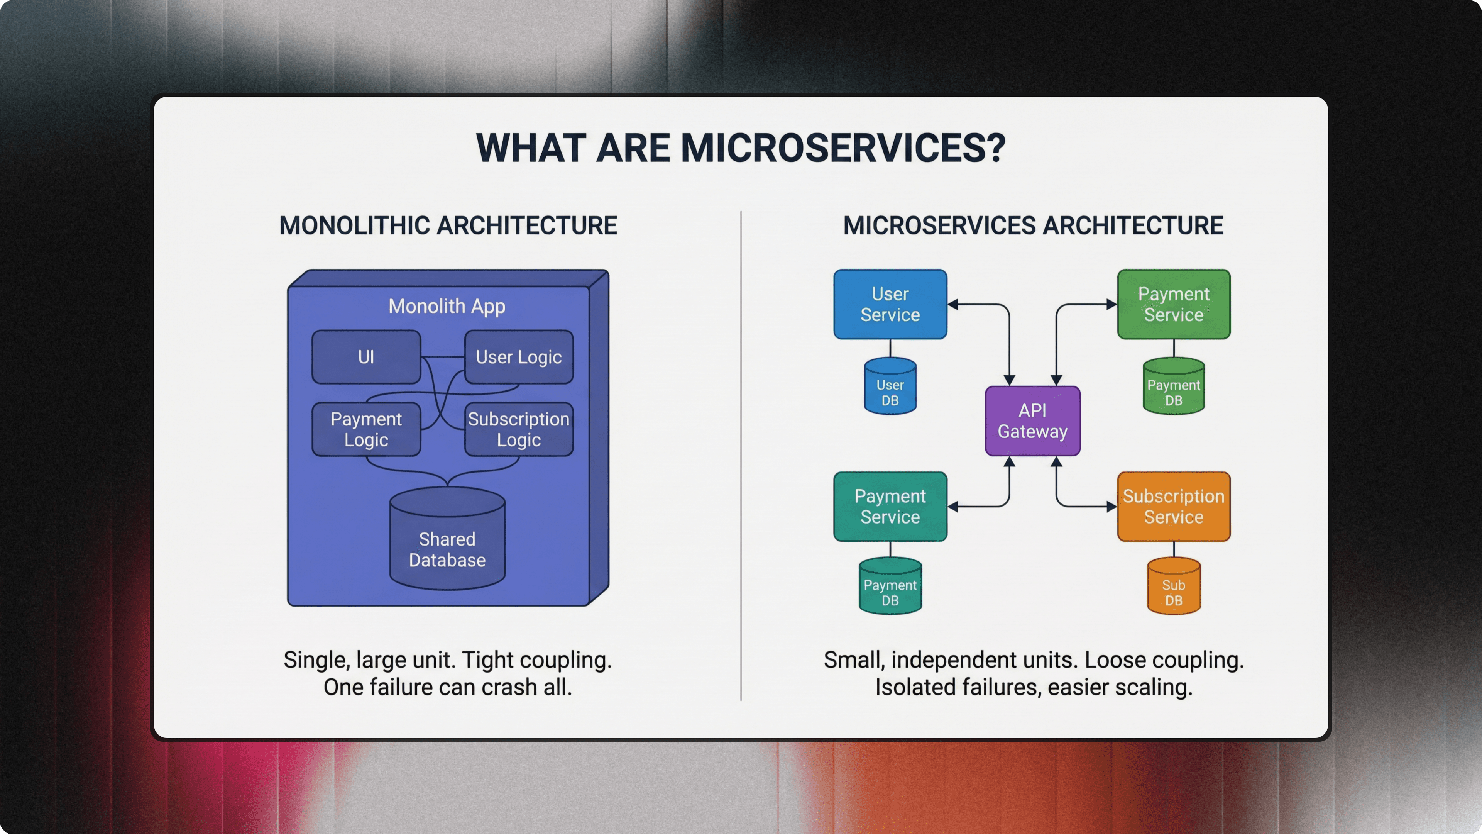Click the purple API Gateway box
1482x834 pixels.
click(x=1032, y=421)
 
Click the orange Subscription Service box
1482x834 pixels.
click(x=1174, y=507)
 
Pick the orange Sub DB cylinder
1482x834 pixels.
click(x=1174, y=587)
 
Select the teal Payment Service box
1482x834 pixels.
click(x=890, y=507)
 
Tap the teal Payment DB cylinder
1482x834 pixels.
click(x=890, y=587)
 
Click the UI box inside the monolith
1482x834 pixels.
click(x=366, y=357)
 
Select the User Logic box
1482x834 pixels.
click(x=518, y=357)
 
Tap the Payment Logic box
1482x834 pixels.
click(x=366, y=429)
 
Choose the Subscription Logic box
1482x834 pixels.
click(x=518, y=429)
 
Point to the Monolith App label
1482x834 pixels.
click(x=447, y=306)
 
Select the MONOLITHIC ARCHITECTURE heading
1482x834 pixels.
click(x=448, y=225)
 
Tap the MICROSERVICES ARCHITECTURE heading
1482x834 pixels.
click(x=1033, y=225)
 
